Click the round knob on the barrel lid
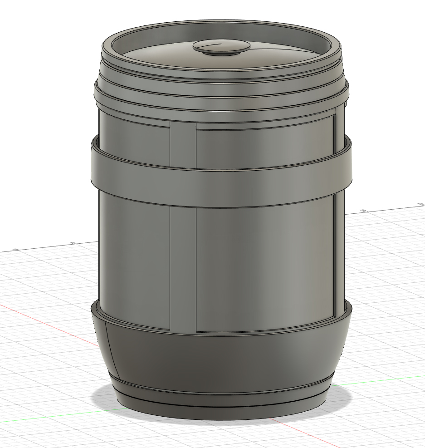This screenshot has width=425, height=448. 221,47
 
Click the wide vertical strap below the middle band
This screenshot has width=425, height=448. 183,268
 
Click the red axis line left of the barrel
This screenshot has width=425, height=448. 45,318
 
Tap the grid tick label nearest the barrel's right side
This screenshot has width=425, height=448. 363,210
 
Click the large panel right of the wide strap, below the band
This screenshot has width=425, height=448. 263,268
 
